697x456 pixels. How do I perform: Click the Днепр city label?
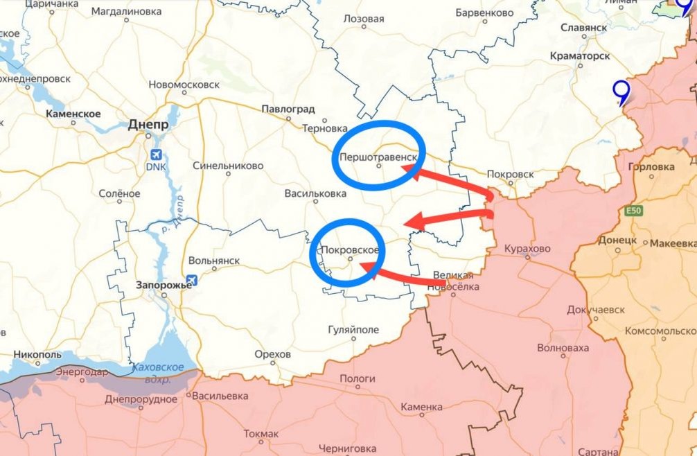(148, 125)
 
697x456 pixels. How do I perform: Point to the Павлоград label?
(288, 109)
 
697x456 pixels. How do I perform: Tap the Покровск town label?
(511, 173)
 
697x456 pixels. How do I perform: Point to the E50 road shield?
(632, 211)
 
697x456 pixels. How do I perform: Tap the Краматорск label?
(579, 55)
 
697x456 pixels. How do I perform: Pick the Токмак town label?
(261, 434)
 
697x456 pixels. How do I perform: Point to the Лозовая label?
(364, 19)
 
